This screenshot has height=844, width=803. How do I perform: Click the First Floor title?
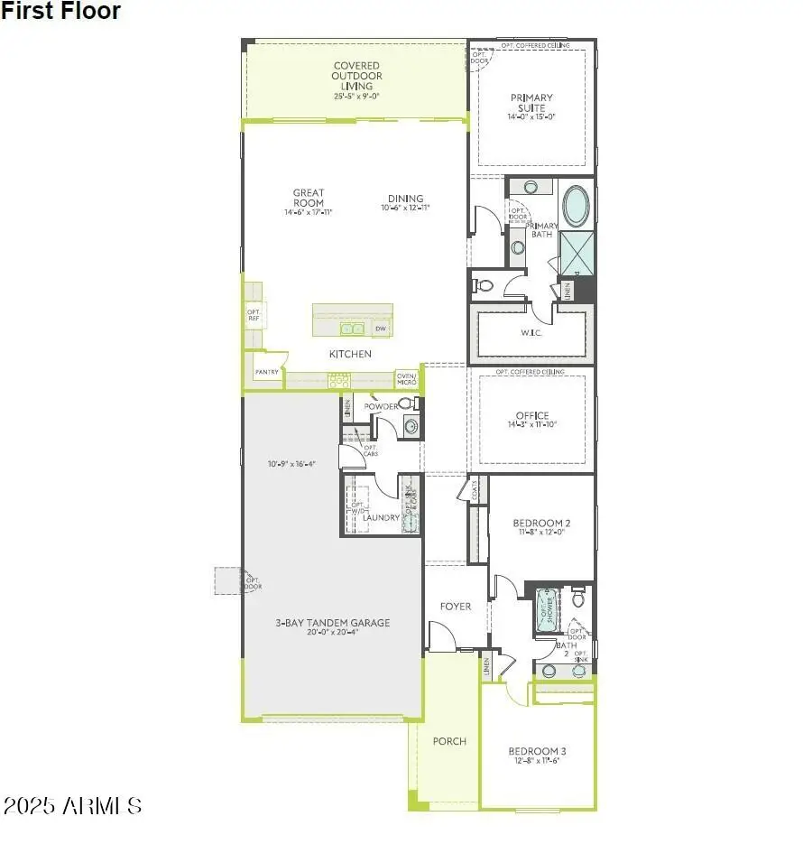(x=60, y=12)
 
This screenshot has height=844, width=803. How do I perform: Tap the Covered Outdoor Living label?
(x=357, y=79)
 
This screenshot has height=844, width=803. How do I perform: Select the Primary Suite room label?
(x=531, y=103)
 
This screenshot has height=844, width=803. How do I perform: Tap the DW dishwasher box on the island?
(x=380, y=329)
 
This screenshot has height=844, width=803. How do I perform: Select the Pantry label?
(x=266, y=371)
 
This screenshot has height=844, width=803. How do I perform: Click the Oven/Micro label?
(x=406, y=379)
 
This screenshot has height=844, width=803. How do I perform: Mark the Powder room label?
(x=381, y=407)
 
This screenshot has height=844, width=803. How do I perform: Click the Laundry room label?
(x=381, y=517)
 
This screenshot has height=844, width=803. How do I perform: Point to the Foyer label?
(x=456, y=607)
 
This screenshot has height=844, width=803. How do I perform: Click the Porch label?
(x=449, y=741)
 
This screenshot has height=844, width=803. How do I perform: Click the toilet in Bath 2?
(x=578, y=597)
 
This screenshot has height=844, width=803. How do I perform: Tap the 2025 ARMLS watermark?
(x=72, y=805)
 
